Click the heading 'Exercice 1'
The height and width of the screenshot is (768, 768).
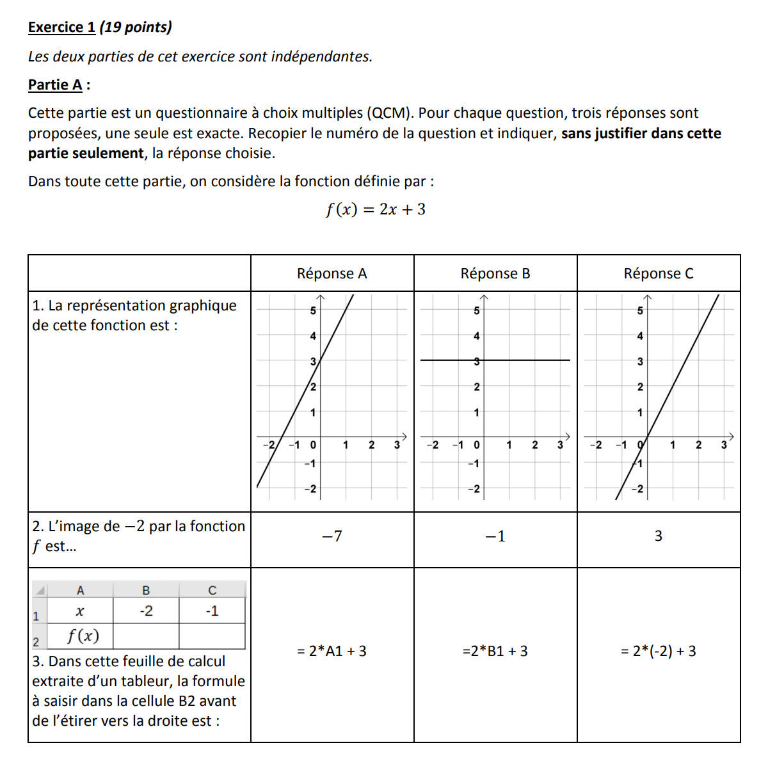click(x=61, y=27)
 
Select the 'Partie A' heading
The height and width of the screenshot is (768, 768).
click(x=56, y=84)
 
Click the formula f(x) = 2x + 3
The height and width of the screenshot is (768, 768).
click(x=375, y=209)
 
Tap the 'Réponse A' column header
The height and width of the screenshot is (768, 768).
click(x=332, y=273)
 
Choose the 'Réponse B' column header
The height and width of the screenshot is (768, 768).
click(x=495, y=273)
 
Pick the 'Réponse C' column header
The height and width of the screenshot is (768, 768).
click(x=659, y=273)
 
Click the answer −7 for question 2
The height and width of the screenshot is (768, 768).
click(x=332, y=536)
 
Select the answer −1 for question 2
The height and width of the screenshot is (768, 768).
click(x=495, y=536)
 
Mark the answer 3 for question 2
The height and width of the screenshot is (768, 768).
click(x=659, y=536)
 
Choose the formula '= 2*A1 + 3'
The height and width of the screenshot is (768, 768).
click(x=332, y=651)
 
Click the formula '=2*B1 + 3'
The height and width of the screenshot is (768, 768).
click(x=495, y=651)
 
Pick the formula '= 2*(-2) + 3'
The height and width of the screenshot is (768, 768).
click(x=659, y=651)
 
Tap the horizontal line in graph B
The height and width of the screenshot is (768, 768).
click(x=525, y=360)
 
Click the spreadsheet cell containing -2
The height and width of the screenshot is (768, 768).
click(x=146, y=611)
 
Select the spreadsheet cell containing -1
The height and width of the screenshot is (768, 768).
click(x=212, y=611)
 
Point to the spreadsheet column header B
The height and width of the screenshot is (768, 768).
click(x=146, y=590)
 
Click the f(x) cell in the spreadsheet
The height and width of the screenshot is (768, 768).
click(x=83, y=636)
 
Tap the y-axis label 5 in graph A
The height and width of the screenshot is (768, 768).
click(x=313, y=311)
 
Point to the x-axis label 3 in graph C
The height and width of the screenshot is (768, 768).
click(x=724, y=445)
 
